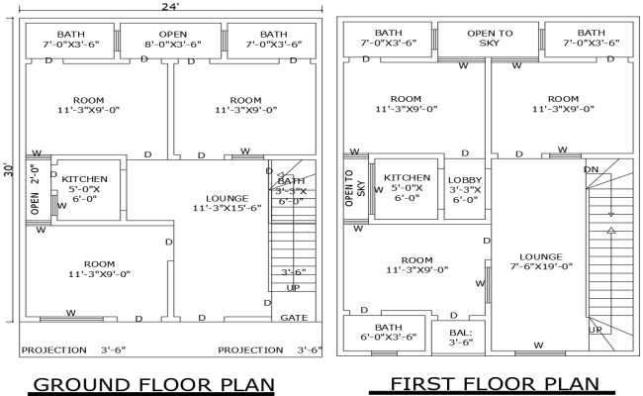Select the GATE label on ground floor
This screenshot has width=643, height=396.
point(294,318)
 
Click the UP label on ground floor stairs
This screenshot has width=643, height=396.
point(293,287)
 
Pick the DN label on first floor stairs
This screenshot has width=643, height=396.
point(593,169)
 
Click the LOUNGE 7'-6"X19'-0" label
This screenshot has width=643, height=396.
point(539,259)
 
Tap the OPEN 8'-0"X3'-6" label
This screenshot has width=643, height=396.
point(173,39)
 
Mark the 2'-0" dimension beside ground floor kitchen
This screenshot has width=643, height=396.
point(36,177)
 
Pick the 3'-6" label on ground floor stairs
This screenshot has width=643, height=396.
point(293,271)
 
